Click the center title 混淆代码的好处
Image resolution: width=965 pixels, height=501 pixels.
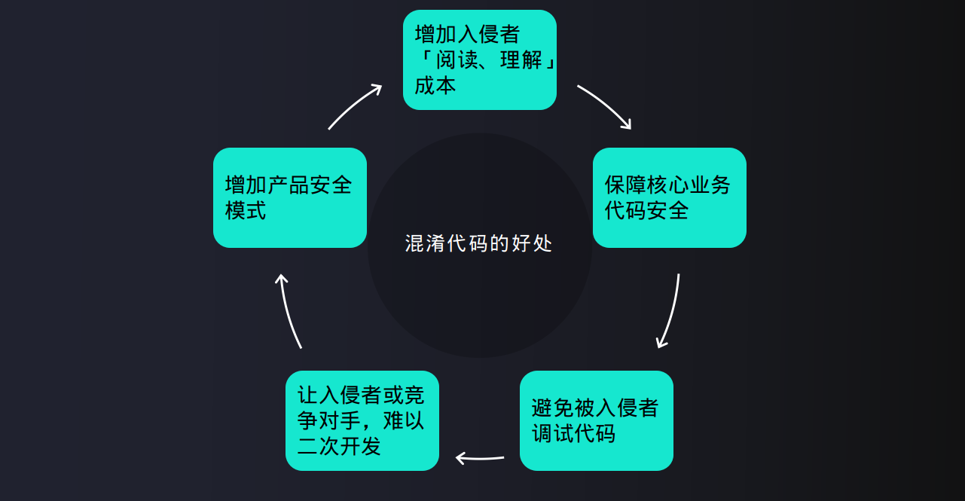479,244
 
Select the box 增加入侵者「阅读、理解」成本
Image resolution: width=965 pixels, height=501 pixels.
480,60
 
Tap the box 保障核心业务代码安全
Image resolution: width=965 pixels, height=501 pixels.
669,197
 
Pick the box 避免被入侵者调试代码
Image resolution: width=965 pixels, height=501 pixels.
596,420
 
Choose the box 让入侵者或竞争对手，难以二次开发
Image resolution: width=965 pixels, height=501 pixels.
362,420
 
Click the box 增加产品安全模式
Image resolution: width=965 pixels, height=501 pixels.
289,197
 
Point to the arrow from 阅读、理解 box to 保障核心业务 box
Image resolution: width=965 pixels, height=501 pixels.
605,106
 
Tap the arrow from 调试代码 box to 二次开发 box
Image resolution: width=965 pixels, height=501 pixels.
480,457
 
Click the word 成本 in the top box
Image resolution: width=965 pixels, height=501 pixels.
435,85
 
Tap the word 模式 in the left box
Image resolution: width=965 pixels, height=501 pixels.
246,210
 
